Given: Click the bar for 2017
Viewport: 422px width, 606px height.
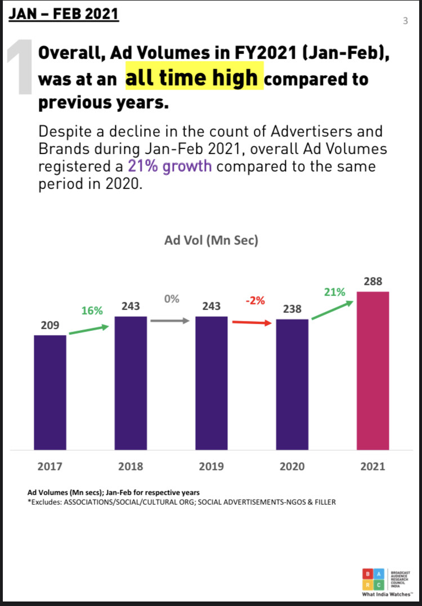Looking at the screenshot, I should [50, 392].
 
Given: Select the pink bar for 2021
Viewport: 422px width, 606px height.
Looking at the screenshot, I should [373, 370].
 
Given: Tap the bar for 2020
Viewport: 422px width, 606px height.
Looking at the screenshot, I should [292, 384].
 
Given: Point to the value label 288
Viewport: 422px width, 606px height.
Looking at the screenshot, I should [373, 281].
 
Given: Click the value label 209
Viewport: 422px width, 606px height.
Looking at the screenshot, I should [50, 325].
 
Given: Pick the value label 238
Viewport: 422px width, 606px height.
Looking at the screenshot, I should [292, 309].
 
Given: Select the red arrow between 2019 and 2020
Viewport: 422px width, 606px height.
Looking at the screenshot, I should [252, 323].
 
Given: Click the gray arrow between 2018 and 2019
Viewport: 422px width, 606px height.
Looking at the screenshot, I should [171, 321].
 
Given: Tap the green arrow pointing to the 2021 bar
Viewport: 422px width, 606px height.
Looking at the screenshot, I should [332, 311].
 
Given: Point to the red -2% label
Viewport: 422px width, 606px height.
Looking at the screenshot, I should [255, 301].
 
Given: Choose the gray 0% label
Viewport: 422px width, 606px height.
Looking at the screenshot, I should [172, 299].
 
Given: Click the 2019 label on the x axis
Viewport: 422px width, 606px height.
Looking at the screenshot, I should [212, 466].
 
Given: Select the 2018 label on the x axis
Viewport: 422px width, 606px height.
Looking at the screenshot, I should [131, 466].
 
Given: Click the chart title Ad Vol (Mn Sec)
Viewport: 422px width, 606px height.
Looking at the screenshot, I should [211, 241].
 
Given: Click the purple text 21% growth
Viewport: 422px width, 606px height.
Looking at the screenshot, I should [170, 166].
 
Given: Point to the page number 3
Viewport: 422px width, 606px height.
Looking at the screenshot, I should [405, 21].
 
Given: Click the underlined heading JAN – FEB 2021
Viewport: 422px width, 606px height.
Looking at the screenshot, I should [64, 13].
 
